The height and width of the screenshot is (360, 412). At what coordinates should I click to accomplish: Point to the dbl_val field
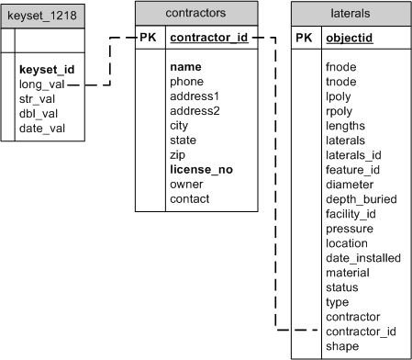pos(39,114)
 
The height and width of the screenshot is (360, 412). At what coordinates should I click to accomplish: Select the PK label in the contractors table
pos(150,39)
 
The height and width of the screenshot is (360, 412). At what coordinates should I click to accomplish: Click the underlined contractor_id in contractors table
pos(209,39)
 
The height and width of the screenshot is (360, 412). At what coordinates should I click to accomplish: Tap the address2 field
pos(197,111)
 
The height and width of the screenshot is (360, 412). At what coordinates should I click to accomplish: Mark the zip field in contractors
pos(180,155)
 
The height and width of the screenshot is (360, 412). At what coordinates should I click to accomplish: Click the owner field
pos(187,184)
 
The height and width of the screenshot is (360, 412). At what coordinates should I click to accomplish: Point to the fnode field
pos(341,67)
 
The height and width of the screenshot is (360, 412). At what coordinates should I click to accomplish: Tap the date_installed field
pos(363,258)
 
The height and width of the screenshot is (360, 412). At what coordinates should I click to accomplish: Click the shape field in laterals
pos(342,345)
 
